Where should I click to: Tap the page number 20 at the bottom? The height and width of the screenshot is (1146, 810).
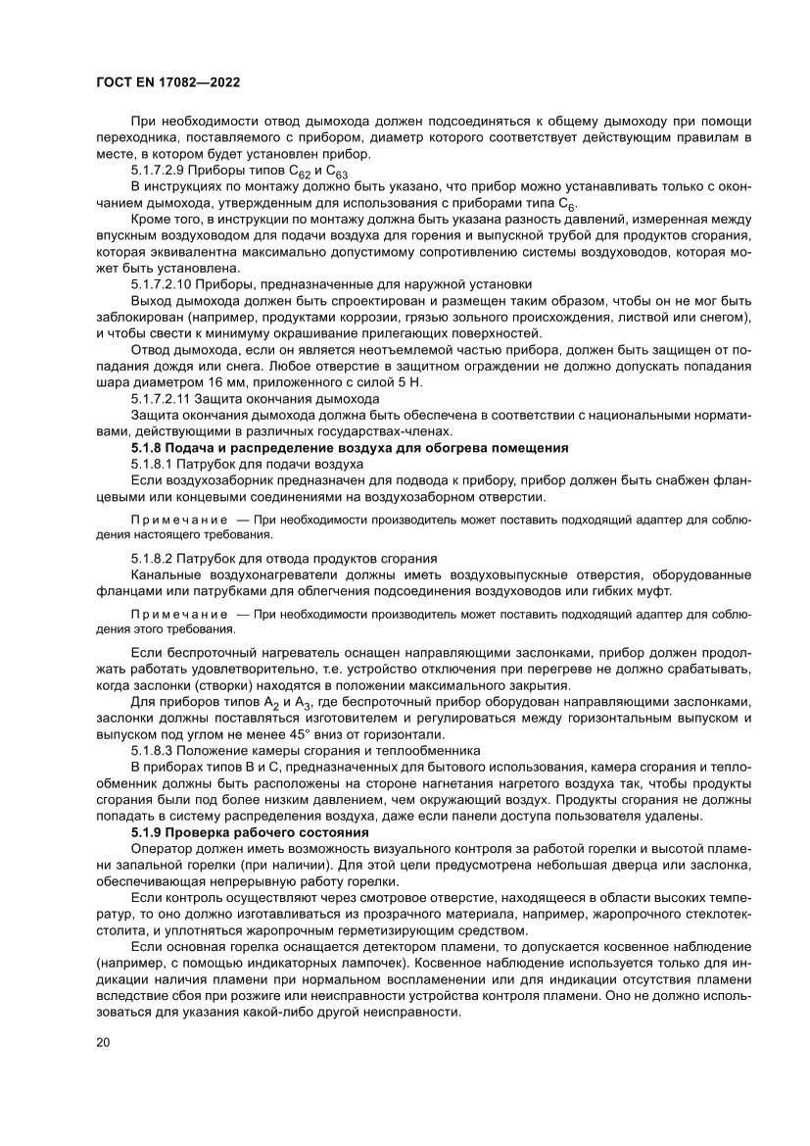[102, 1041]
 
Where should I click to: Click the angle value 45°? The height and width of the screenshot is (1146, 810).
[304, 734]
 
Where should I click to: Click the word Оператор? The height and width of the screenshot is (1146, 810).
[160, 847]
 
